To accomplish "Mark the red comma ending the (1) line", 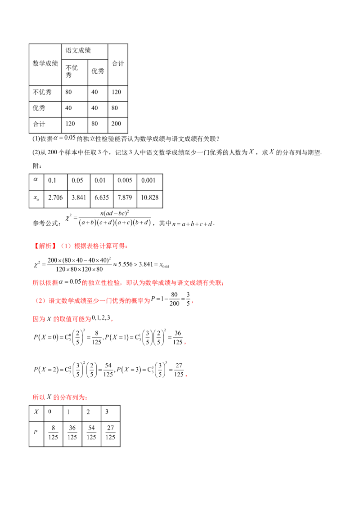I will click(x=128, y=246).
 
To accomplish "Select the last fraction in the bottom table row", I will click(x=111, y=432).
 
